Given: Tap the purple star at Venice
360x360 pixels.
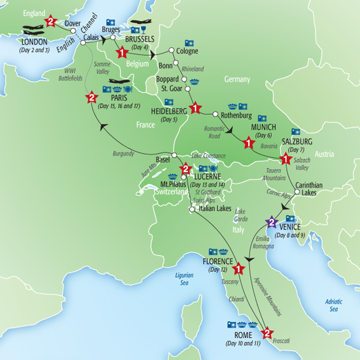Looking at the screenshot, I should [x=271, y=222].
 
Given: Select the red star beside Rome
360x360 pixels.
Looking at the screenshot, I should [x=268, y=332].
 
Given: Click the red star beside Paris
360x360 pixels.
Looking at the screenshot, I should [x=91, y=98].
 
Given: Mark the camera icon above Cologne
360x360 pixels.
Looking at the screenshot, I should [x=190, y=43].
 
